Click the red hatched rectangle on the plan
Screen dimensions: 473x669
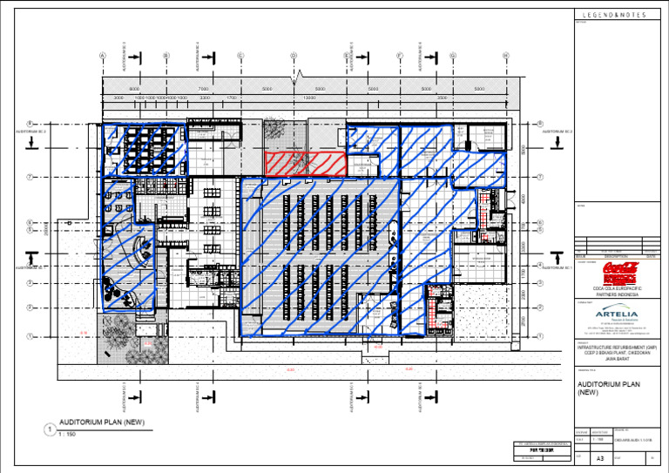306,164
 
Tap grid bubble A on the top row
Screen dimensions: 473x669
103,56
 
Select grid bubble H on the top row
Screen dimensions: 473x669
506,56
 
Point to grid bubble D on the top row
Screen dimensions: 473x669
294,56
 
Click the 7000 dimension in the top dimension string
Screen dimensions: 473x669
203,89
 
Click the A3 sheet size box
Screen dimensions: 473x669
599,457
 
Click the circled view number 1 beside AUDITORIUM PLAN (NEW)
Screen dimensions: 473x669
51,429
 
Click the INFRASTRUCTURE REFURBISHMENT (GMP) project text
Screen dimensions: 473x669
615,345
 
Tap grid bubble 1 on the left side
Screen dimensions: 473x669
30,336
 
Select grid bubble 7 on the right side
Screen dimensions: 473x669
541,177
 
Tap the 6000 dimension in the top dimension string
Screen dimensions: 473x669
134,89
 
